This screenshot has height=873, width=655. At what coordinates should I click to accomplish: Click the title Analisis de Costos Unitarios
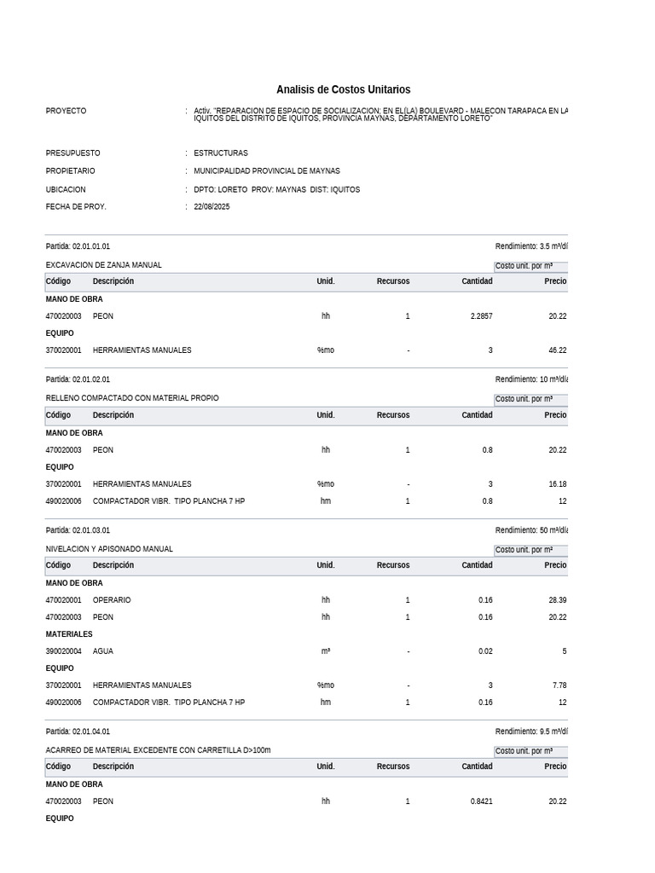[x=343, y=90]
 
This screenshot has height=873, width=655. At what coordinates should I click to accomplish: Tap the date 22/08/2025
[x=212, y=207]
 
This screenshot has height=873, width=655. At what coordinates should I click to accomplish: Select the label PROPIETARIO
[x=72, y=171]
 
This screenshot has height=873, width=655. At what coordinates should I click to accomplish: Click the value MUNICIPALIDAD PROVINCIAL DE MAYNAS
[x=267, y=171]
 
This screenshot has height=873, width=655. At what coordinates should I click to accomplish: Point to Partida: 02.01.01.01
[x=78, y=246]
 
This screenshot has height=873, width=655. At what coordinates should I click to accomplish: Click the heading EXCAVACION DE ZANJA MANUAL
[x=103, y=265]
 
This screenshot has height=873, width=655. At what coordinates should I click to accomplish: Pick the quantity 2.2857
[x=481, y=316]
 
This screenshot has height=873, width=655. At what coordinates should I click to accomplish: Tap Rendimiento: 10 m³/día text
[x=530, y=380]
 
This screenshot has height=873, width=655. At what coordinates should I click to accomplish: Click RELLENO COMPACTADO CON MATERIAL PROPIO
[x=131, y=398]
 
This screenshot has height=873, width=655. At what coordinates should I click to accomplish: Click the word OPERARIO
[x=112, y=600]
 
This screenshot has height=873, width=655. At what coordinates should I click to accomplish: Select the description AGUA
[x=102, y=651]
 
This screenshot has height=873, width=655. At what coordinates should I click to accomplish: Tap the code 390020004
[x=63, y=651]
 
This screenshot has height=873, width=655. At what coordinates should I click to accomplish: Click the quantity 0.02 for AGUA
[x=485, y=651]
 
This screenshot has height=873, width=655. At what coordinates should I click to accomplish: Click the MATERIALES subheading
[x=69, y=634]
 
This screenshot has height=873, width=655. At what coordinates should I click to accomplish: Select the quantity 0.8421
[x=481, y=801]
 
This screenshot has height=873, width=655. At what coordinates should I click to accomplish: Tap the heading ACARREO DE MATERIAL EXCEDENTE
[x=158, y=750]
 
